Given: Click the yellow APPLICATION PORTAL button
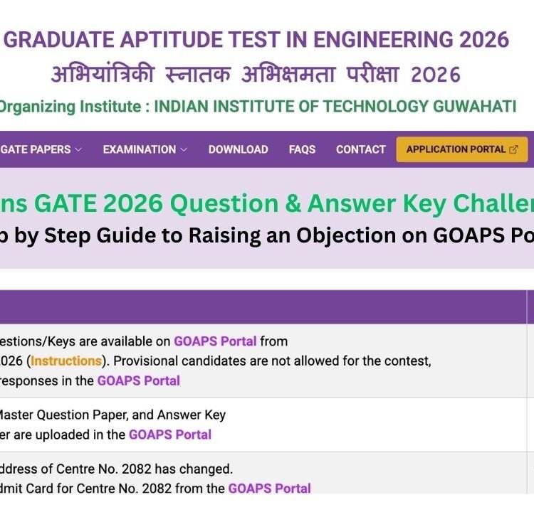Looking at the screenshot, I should (461, 149).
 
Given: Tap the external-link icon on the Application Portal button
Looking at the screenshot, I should (513, 149).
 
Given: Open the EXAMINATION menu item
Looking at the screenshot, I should (140, 149).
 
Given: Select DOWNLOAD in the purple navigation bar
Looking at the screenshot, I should (238, 149).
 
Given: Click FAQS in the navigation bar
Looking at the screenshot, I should (302, 149).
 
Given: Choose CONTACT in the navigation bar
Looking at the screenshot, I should (360, 149).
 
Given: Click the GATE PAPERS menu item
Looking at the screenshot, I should (36, 149).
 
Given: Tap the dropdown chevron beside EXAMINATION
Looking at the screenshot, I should (184, 149).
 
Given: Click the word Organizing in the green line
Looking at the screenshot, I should (34, 107).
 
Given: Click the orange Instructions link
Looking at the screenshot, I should (66, 361).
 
